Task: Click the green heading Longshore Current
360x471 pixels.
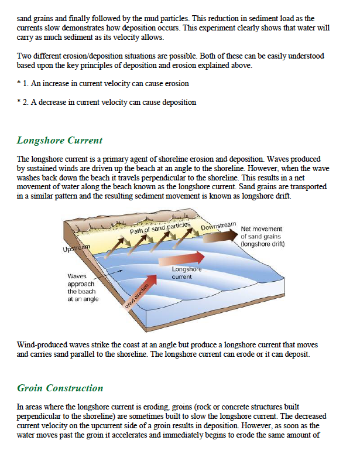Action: click(60, 141)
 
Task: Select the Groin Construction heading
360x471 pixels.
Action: click(60, 388)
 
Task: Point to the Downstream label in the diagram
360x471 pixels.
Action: click(218, 226)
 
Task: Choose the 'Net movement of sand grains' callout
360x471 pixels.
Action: click(262, 236)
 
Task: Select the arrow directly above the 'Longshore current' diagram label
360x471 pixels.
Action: click(188, 258)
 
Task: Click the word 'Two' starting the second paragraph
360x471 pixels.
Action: click(24, 56)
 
